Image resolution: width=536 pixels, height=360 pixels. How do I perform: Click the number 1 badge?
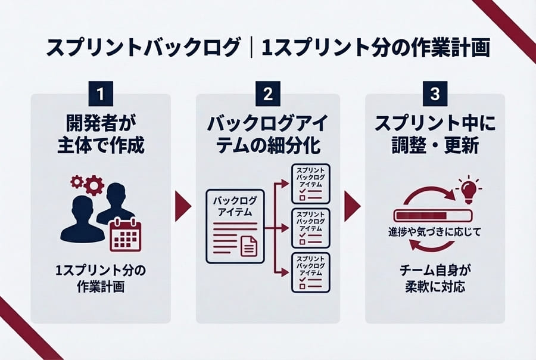coord(101,94)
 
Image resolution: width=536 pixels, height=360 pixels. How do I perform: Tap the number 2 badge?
coord(268,94)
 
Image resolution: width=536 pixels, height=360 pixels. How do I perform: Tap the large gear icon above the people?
coord(94,186)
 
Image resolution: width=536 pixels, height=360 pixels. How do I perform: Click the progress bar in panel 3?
coord(433,214)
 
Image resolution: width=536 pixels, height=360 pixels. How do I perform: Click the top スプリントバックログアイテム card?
coord(310,182)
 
